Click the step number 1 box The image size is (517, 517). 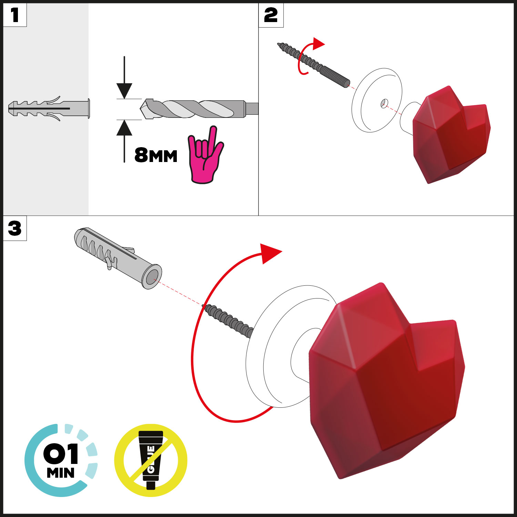(x=15, y=15)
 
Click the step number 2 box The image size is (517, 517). (x=271, y=15)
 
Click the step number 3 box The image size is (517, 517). (x=15, y=228)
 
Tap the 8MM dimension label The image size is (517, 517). (x=156, y=155)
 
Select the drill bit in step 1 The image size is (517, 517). (x=199, y=109)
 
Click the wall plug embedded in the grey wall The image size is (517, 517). (x=49, y=109)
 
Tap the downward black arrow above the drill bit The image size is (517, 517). (x=124, y=78)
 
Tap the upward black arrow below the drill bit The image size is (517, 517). (x=124, y=141)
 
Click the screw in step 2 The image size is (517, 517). (x=314, y=65)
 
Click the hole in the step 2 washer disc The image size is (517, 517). (x=384, y=103)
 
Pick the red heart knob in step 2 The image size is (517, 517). (x=452, y=134)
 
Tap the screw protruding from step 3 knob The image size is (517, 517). (x=228, y=320)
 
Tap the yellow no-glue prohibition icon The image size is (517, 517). (x=151, y=460)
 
